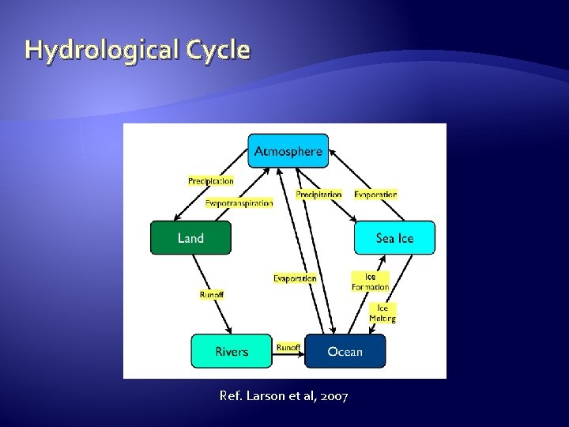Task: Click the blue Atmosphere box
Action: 288,151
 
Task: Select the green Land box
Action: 190,238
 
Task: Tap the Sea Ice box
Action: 394,238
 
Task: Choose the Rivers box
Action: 232,351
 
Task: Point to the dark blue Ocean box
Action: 345,351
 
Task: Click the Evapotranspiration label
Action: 239,203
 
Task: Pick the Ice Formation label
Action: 371,282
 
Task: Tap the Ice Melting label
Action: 382,313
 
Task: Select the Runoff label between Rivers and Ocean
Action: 288,347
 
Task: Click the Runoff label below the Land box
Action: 211,295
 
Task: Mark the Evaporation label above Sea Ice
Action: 375,195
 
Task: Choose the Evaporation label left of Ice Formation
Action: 295,278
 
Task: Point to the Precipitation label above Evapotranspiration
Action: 211,181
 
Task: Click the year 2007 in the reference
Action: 334,395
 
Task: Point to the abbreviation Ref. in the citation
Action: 231,395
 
